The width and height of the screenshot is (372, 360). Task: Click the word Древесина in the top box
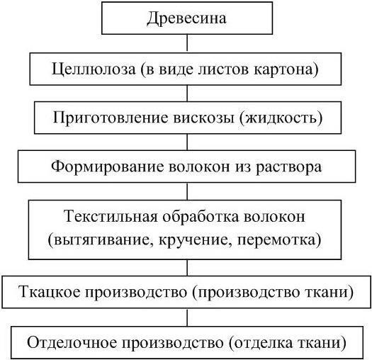tap(186, 18)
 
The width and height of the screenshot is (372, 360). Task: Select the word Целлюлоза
tap(94, 69)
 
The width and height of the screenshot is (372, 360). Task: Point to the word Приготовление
tap(110, 118)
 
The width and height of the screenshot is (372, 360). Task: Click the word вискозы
tap(204, 118)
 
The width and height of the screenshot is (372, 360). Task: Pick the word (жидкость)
tap(281, 118)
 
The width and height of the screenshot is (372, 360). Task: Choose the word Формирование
tap(107, 167)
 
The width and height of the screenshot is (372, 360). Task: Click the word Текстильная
tap(111, 216)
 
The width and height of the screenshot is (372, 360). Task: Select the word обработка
tap(201, 216)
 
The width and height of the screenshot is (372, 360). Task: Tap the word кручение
tap(195, 240)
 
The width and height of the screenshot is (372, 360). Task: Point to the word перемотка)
tap(279, 240)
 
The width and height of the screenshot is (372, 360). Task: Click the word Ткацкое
tap(50, 292)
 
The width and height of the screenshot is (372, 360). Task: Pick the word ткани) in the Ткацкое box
tap(329, 292)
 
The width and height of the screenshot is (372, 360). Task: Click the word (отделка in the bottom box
tap(259, 343)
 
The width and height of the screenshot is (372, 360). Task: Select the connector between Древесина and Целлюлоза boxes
tap(187, 43)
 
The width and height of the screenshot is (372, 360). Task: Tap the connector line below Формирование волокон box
tap(187, 191)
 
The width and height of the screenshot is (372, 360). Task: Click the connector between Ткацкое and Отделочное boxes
tap(187, 317)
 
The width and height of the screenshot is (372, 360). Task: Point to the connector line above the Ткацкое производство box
tap(187, 268)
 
